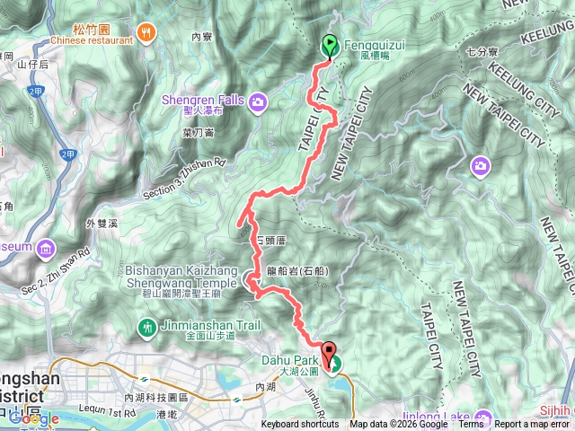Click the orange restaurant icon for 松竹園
click(148, 31)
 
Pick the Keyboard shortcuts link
click(301, 425)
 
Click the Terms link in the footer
click(471, 425)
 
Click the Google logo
click(34, 419)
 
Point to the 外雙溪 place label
click(102, 224)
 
